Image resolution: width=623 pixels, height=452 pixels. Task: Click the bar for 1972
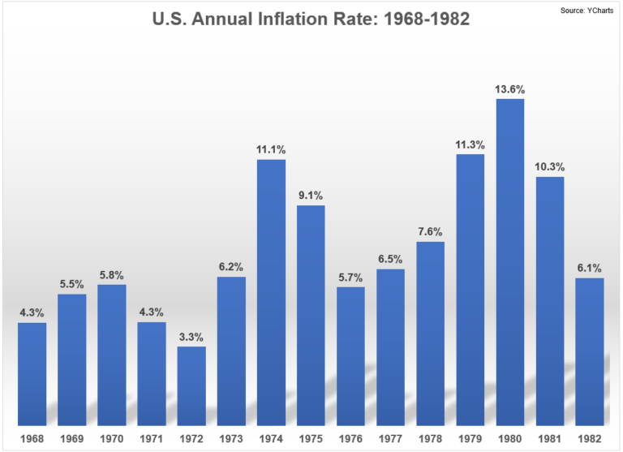point(191,385)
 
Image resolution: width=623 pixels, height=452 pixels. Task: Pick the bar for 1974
point(271,292)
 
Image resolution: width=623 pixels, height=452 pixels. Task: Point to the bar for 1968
point(32,373)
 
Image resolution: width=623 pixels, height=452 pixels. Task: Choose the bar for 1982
point(590,351)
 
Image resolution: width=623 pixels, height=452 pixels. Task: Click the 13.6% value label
point(510,88)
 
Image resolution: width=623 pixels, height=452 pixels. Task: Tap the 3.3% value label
point(191,336)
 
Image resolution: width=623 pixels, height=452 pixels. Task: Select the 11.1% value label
point(271,149)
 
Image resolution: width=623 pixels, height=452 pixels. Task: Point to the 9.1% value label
point(311,195)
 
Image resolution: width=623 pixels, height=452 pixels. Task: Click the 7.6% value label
point(431,231)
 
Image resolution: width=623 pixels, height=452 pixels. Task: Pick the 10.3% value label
point(550,167)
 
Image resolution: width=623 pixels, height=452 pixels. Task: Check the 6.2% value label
point(231,266)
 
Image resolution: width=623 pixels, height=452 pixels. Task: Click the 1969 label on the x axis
point(71,439)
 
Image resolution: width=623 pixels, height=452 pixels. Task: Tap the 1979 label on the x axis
point(470,439)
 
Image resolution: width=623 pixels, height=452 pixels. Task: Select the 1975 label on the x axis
point(311,439)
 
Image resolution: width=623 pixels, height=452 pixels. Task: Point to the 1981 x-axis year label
point(550,439)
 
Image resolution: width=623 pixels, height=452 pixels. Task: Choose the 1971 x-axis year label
point(152,439)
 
